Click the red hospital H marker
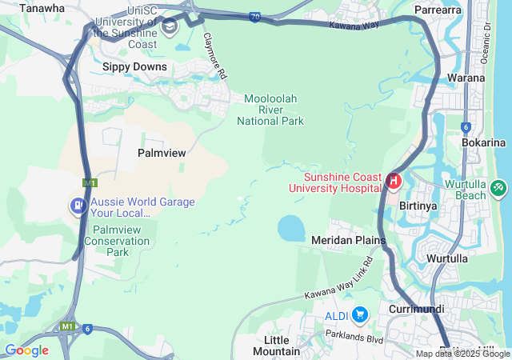click(393, 181)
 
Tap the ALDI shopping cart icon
click(359, 314)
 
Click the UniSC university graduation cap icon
click(169, 27)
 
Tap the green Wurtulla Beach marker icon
click(498, 187)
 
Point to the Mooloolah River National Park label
click(270, 110)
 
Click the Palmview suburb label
click(162, 152)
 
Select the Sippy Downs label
click(134, 66)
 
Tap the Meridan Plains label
click(348, 240)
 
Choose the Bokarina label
click(484, 142)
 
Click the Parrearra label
click(438, 10)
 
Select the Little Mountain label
click(276, 346)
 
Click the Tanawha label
click(41, 8)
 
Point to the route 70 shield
click(254, 16)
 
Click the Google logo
click(26, 350)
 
